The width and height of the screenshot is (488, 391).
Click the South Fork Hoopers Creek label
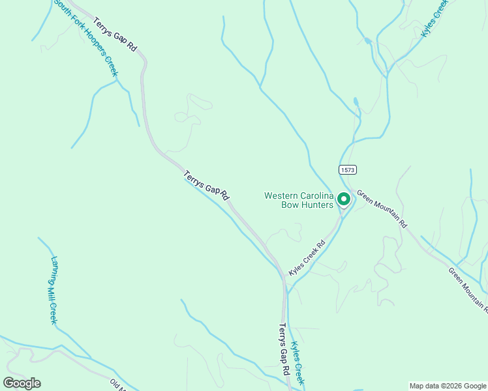(85, 38)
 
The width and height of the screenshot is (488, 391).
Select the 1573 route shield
(348, 169)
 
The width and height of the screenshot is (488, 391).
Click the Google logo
(22, 383)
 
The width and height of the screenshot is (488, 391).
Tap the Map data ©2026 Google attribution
(448, 386)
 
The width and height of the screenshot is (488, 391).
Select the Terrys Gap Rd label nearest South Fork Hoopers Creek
(115, 35)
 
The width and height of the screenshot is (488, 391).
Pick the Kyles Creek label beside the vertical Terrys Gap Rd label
(297, 363)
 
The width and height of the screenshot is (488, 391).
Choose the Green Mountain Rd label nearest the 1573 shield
(382, 209)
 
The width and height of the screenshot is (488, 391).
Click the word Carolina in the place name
(315, 195)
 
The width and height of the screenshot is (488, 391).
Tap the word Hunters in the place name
(316, 205)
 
